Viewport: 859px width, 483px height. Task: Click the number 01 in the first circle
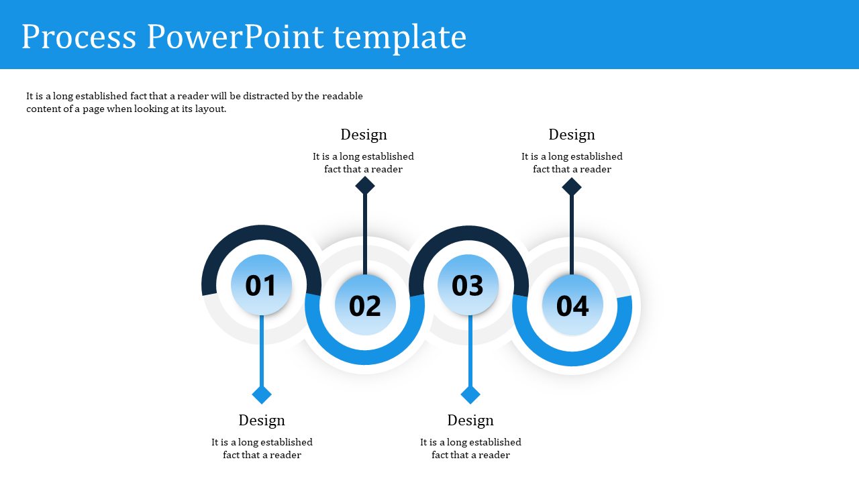pyautogui.click(x=261, y=286)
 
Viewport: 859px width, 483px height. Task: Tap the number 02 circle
pyautogui.click(x=365, y=306)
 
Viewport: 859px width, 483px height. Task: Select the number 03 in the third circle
pyautogui.click(x=468, y=286)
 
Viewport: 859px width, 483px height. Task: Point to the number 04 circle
pyautogui.click(x=572, y=306)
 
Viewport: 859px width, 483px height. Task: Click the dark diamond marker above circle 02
pyautogui.click(x=365, y=186)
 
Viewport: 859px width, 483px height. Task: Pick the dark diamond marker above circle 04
pyautogui.click(x=572, y=186)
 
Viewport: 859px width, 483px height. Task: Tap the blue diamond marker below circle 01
pyautogui.click(x=262, y=394)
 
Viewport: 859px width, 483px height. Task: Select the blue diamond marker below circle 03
pyautogui.click(x=470, y=394)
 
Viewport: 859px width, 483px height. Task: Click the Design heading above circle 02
pyautogui.click(x=364, y=134)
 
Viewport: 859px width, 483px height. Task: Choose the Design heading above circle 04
pyautogui.click(x=572, y=134)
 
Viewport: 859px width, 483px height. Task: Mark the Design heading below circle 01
pyautogui.click(x=262, y=420)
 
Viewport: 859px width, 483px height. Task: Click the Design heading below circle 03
pyautogui.click(x=470, y=420)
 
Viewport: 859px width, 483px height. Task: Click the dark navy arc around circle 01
pyautogui.click(x=261, y=233)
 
